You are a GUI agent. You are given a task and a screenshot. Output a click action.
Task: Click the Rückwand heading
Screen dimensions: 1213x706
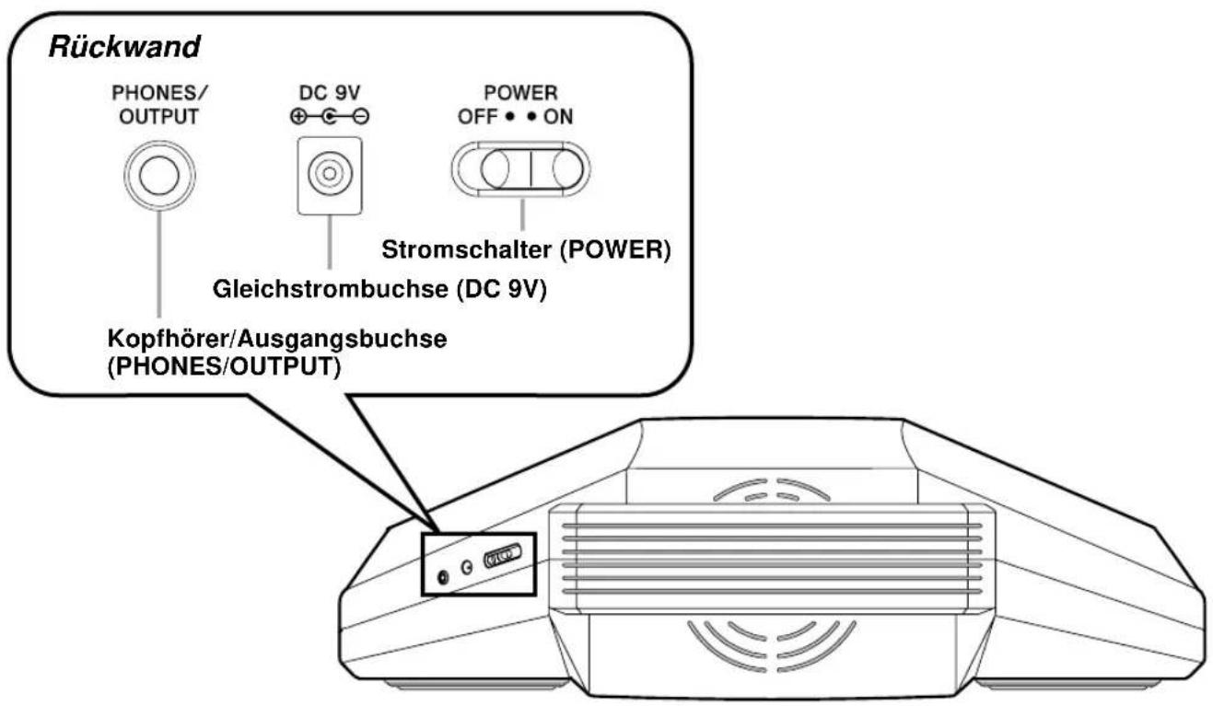124,47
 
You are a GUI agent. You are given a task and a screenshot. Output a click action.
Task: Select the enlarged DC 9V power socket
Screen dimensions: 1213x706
330,175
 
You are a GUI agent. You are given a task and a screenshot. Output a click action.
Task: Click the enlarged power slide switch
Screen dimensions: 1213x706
521,168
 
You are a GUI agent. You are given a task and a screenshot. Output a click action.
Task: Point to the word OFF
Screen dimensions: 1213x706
477,117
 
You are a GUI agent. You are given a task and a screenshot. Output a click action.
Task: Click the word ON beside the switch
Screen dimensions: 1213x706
558,117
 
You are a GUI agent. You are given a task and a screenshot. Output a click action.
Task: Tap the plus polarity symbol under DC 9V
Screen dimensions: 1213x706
298,116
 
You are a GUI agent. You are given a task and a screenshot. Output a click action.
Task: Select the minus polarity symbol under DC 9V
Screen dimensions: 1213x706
362,116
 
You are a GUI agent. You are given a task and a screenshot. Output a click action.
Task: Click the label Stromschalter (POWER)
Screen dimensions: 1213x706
526,250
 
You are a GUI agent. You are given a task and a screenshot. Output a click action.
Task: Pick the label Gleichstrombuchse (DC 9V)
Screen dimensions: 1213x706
379,289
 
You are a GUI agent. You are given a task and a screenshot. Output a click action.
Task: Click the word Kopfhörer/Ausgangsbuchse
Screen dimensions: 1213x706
277,340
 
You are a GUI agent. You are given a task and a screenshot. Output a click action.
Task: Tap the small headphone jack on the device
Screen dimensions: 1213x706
443,578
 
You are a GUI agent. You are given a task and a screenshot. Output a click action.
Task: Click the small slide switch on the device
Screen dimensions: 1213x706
503,556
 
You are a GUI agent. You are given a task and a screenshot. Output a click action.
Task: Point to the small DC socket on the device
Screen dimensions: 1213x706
466,567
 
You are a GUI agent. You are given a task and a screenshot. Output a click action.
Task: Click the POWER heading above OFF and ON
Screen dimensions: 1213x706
520,93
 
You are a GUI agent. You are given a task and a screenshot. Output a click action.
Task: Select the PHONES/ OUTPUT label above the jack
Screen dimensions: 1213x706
159,105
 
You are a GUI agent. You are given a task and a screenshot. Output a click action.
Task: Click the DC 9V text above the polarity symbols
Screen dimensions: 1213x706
329,93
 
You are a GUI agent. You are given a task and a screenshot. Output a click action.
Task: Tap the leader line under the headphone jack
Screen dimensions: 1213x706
159,264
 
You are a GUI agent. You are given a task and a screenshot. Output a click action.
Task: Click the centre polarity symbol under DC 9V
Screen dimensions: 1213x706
329,116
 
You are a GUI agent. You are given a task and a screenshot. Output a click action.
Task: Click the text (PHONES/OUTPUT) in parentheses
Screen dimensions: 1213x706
224,367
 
